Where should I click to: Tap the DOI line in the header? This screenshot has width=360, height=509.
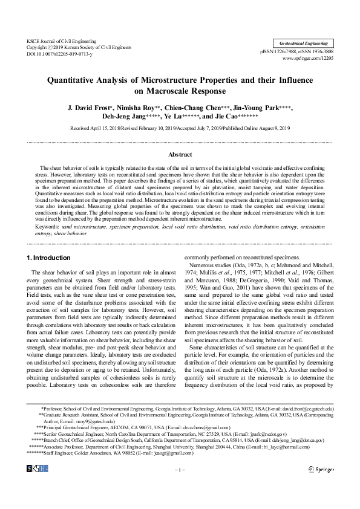(x=59, y=54)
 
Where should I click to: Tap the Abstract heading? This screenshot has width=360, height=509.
(x=180, y=155)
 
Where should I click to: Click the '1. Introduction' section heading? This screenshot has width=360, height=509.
(x=50, y=258)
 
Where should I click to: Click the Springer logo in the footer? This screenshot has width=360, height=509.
(x=320, y=468)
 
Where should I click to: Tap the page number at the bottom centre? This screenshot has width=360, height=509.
(x=180, y=468)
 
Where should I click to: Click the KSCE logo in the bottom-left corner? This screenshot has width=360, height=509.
(x=37, y=468)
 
